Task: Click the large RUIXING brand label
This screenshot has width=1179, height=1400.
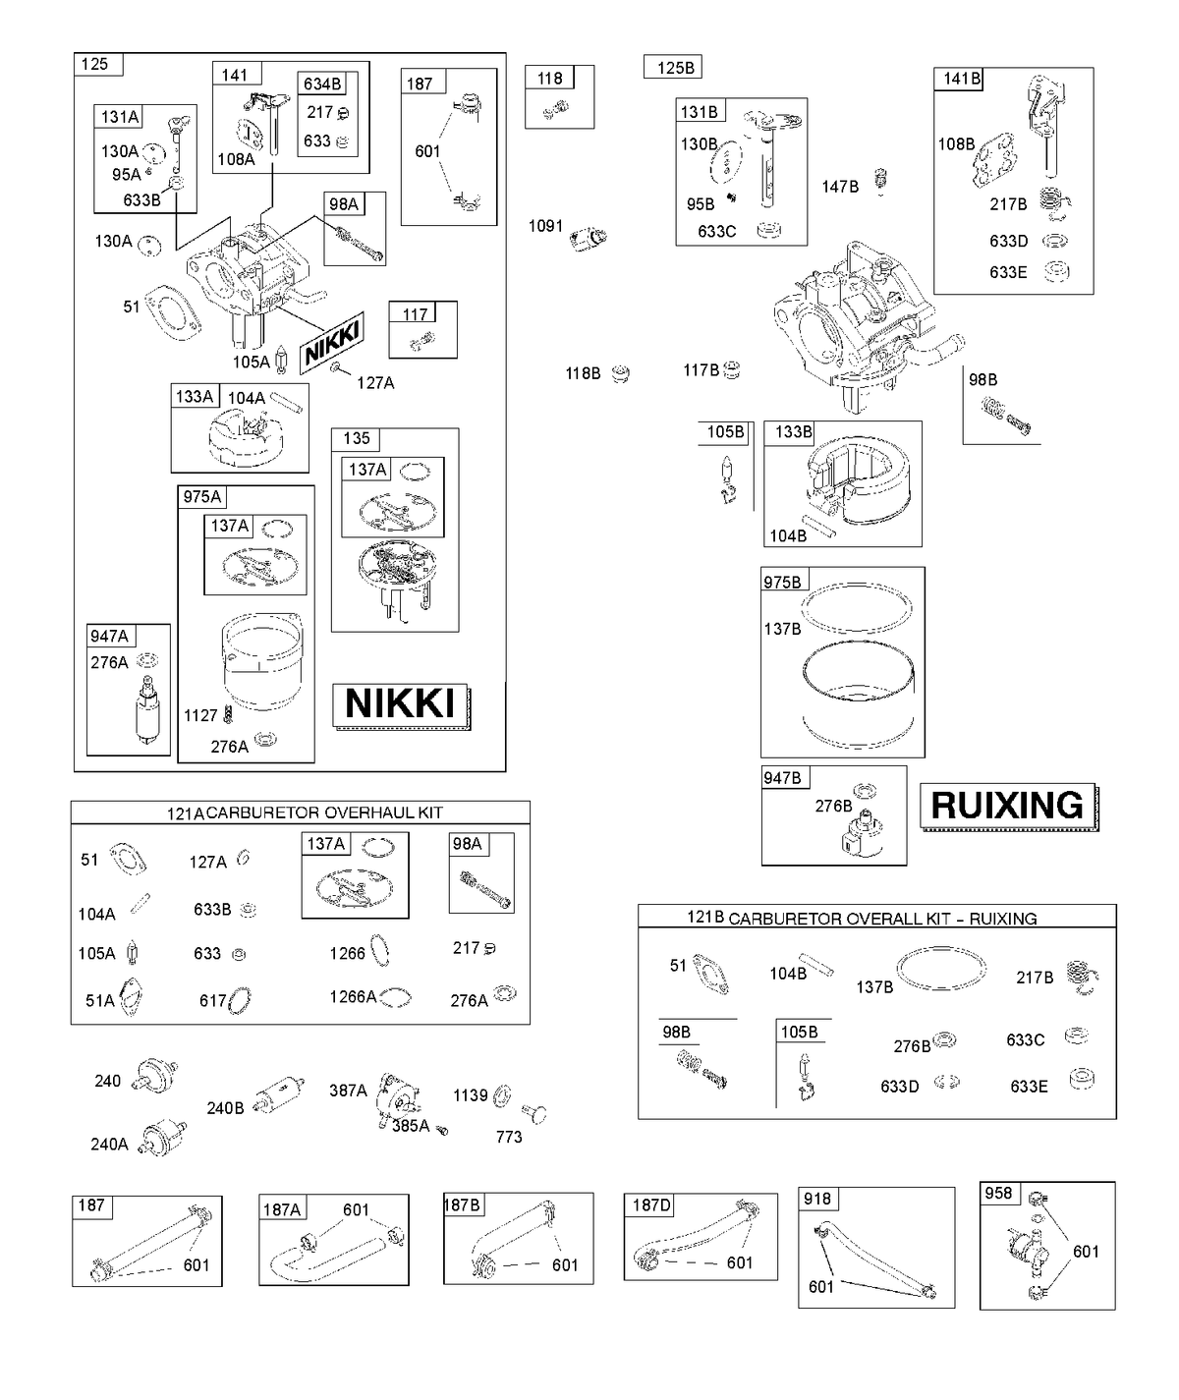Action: click(1007, 806)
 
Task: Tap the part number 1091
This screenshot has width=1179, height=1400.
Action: click(545, 226)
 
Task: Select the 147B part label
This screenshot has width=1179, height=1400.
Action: click(840, 187)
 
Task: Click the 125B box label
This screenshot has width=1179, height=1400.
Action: click(675, 68)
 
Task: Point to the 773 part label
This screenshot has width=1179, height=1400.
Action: click(509, 1137)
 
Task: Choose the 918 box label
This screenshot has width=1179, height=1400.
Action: click(817, 1199)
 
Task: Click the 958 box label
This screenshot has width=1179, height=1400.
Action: click(998, 1194)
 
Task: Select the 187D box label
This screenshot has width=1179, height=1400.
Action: click(651, 1204)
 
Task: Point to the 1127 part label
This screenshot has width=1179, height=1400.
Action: click(200, 715)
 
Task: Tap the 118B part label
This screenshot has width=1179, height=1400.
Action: click(583, 372)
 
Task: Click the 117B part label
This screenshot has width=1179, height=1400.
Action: click(701, 370)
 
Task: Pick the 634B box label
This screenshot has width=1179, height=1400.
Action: click(322, 84)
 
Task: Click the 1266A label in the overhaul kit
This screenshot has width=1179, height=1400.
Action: click(353, 997)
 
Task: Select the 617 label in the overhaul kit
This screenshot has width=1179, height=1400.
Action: click(212, 1001)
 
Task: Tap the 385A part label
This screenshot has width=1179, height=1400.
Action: click(411, 1126)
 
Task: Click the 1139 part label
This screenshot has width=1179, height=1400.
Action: click(470, 1094)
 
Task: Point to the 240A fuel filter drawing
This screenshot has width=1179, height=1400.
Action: click(163, 1137)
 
